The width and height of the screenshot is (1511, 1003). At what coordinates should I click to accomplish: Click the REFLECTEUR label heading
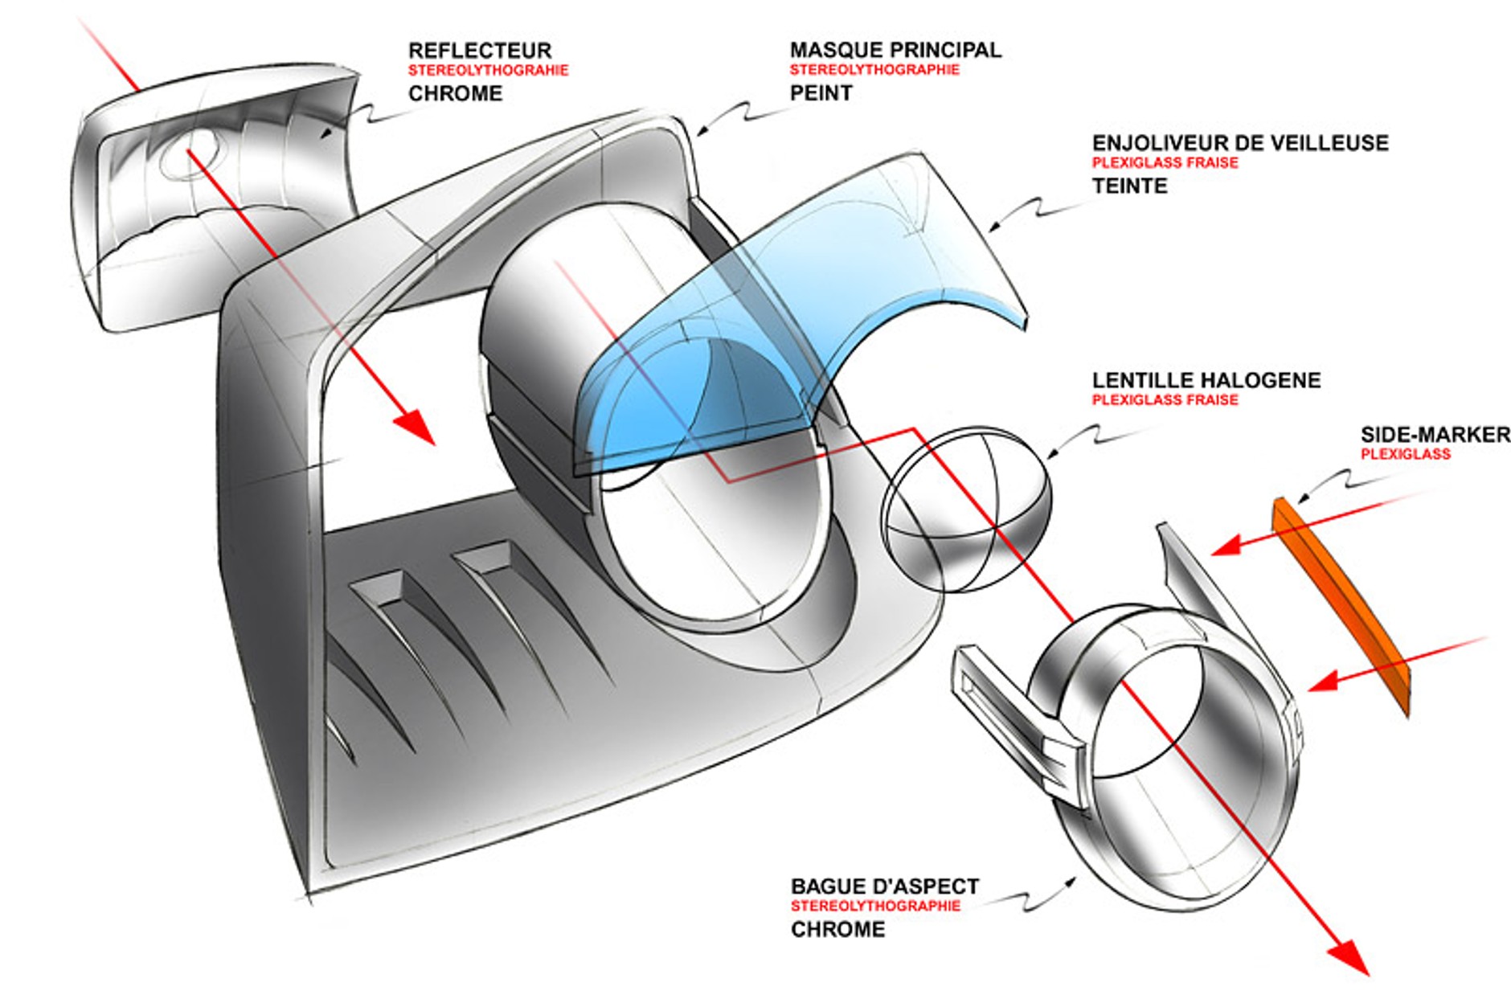480,51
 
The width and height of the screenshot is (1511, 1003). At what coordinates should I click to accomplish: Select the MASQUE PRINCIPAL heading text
895,50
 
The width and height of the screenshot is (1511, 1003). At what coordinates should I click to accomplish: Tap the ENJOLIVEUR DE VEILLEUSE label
1239,143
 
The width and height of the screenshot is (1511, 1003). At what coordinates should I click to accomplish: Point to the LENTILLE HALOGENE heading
1206,380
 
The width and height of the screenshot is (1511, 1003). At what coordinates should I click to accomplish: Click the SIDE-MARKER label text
1435,435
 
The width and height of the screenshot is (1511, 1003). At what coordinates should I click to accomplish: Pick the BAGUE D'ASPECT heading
884,886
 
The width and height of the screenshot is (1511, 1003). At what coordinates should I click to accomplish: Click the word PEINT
821,93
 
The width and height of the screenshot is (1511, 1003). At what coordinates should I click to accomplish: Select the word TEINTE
1129,186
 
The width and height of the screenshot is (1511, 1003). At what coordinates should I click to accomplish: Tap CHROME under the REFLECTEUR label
455,93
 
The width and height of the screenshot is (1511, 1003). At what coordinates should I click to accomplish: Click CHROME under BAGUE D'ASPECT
837,929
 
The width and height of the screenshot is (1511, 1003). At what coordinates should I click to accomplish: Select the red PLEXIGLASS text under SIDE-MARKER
1405,454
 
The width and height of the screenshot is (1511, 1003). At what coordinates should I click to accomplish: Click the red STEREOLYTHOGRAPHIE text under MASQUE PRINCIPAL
874,70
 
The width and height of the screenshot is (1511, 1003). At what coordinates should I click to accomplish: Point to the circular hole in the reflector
190,153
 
